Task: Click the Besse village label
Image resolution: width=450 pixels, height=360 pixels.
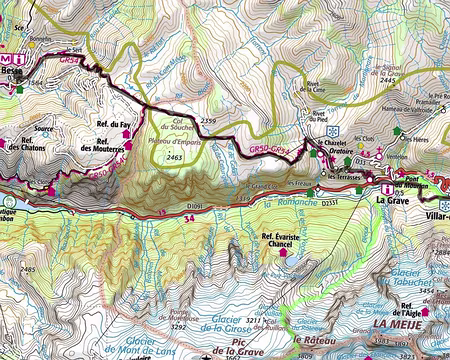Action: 12,72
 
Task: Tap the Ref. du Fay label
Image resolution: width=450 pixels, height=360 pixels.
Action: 114,125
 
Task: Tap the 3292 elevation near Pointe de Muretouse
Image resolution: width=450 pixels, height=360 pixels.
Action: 179,326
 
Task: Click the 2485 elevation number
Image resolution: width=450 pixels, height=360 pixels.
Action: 27,270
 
